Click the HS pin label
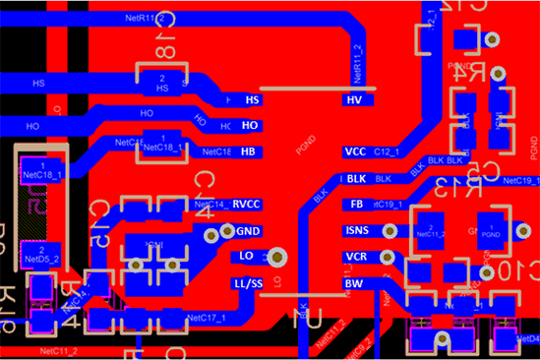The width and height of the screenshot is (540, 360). [252, 100]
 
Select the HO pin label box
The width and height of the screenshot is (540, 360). [250, 126]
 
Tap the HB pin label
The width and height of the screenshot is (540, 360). [249, 151]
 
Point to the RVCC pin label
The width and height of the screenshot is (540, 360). [247, 205]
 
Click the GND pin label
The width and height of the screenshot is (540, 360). [248, 232]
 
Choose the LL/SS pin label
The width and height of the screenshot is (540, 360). [247, 283]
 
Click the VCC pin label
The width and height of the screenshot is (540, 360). [355, 152]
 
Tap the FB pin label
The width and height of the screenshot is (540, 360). [356, 205]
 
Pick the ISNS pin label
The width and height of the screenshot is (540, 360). [357, 231]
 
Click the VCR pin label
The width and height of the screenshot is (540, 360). [356, 257]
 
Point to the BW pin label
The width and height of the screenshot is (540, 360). [352, 283]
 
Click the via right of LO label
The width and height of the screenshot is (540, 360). [277, 257]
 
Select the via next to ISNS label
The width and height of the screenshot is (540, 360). [391, 231]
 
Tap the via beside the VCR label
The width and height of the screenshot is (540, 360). [391, 258]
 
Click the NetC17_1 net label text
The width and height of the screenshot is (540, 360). [206, 318]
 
